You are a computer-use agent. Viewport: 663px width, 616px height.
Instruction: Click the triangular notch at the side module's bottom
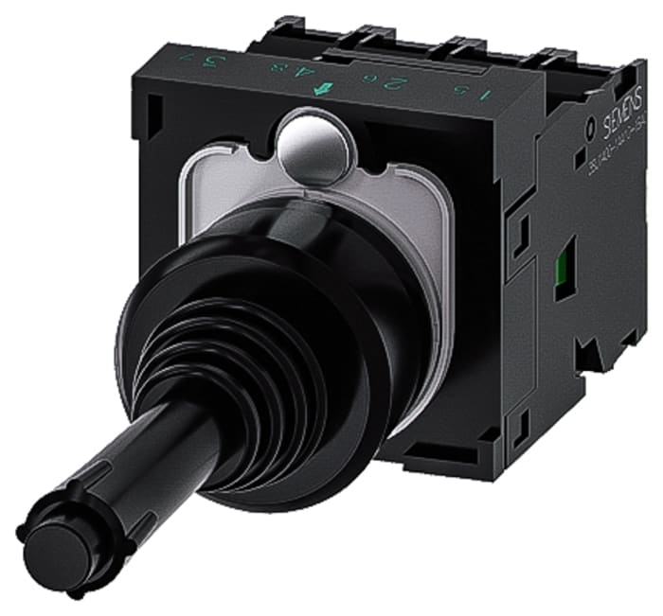pyautogui.click(x=591, y=355)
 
